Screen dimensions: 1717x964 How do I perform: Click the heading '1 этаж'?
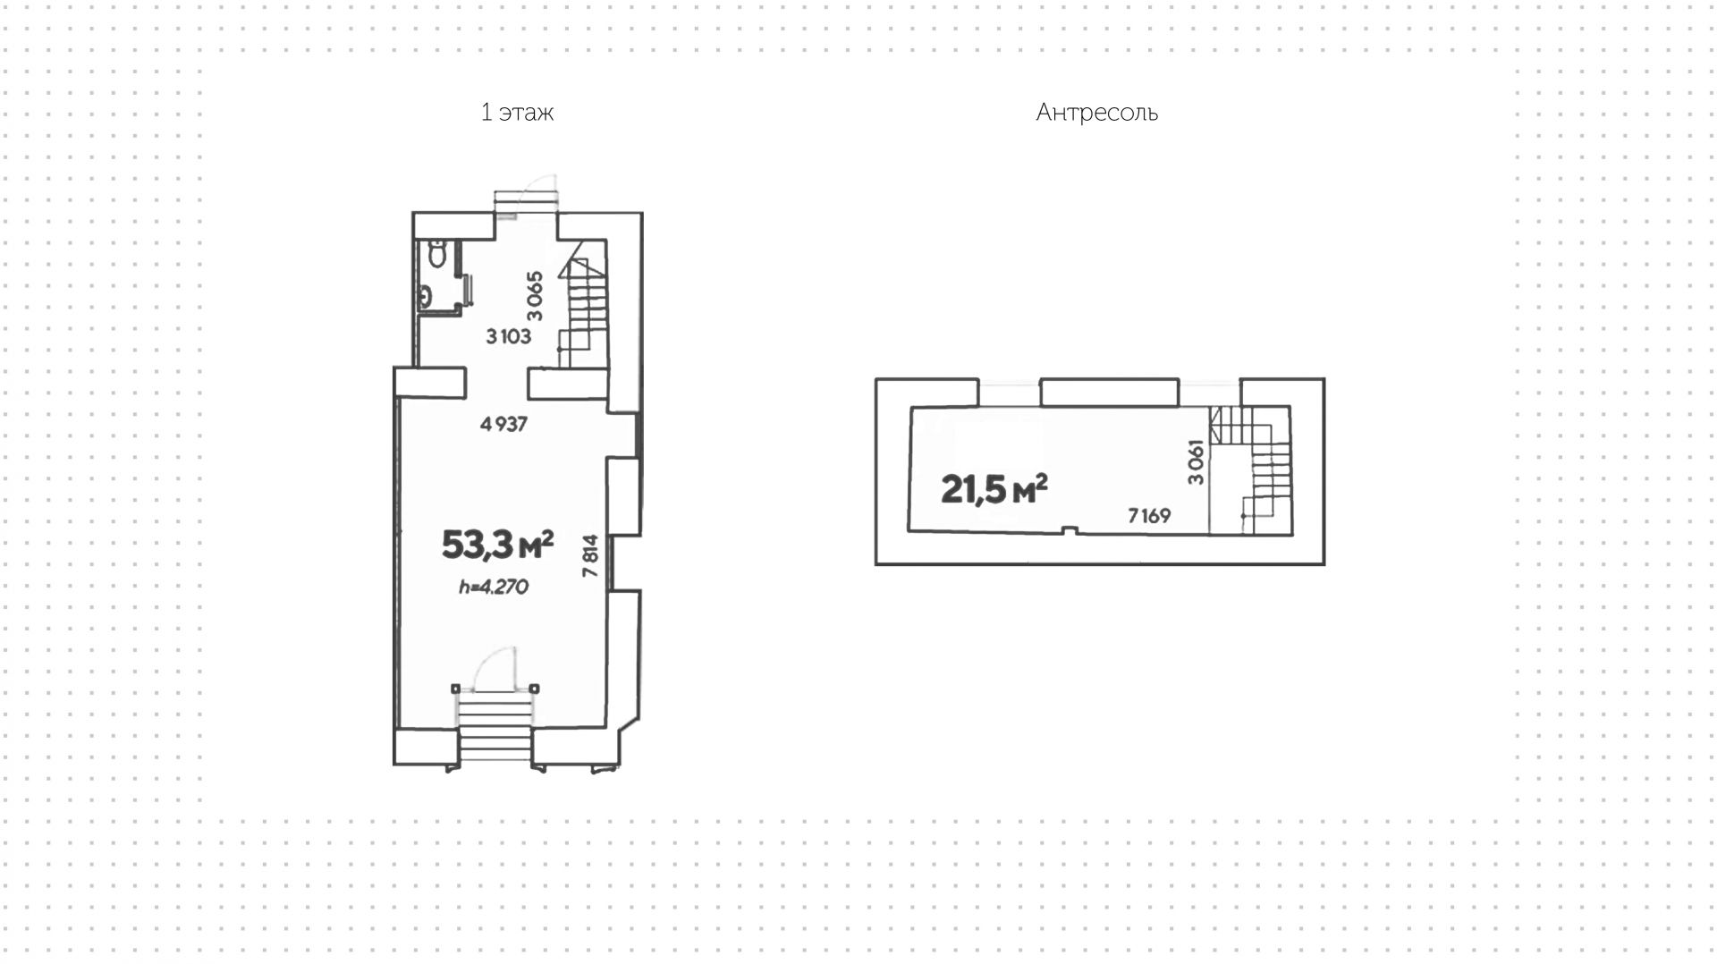tap(517, 113)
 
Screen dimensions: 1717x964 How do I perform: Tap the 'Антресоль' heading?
tap(1096, 113)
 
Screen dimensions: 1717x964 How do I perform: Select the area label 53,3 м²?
tap(497, 544)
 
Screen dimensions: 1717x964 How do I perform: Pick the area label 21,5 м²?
tap(994, 489)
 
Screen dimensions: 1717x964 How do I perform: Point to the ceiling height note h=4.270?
tap(494, 588)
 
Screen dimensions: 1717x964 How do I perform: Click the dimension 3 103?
tap(509, 336)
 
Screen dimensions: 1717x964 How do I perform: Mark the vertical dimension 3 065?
tap(535, 296)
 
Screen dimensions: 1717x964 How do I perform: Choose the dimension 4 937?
tap(503, 425)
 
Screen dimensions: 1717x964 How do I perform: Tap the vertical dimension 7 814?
tap(590, 555)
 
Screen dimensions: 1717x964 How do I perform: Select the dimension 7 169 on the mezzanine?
tap(1149, 516)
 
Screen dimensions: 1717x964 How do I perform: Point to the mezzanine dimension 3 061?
tap(1196, 462)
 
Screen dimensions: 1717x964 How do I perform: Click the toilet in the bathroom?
tap(437, 255)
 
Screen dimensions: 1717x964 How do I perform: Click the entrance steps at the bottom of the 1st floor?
tap(495, 730)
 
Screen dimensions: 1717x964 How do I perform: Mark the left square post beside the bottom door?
tap(456, 689)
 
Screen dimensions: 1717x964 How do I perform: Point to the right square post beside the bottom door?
tap(535, 689)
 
